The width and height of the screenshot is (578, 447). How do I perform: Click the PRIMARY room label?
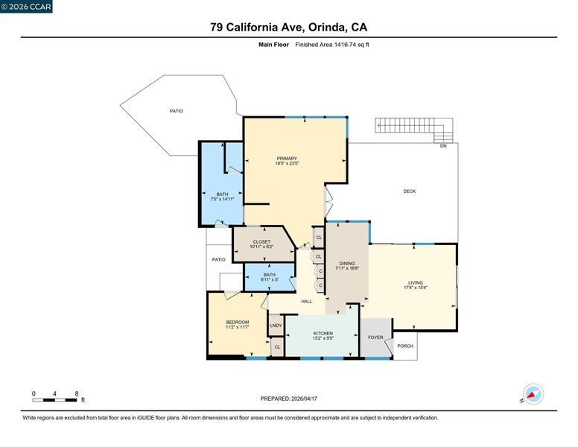[x=287, y=159]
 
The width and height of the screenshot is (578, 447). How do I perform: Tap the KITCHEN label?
[x=323, y=334]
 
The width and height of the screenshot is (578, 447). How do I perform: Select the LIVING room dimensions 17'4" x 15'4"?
[x=416, y=288]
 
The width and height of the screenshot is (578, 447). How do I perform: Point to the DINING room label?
[x=347, y=263]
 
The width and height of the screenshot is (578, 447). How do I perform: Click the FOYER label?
[x=375, y=337]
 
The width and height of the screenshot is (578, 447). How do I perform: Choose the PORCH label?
[x=405, y=346]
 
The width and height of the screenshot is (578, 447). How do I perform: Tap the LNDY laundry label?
[x=276, y=326]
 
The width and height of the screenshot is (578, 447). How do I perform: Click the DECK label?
[x=410, y=191]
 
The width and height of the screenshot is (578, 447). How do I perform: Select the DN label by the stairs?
[x=443, y=146]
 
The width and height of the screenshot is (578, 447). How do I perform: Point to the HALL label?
[x=307, y=301]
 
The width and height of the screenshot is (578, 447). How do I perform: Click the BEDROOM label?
[x=238, y=323]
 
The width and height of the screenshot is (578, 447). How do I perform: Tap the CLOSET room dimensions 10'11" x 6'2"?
[x=261, y=247]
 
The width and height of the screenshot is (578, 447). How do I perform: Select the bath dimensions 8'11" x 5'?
[x=270, y=279]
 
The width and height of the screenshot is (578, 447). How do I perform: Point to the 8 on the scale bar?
[x=77, y=394]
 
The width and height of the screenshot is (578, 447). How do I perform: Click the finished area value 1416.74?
[x=344, y=45]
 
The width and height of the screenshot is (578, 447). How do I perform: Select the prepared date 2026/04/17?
[x=304, y=399]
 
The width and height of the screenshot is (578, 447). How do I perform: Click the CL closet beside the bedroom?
[x=278, y=347]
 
